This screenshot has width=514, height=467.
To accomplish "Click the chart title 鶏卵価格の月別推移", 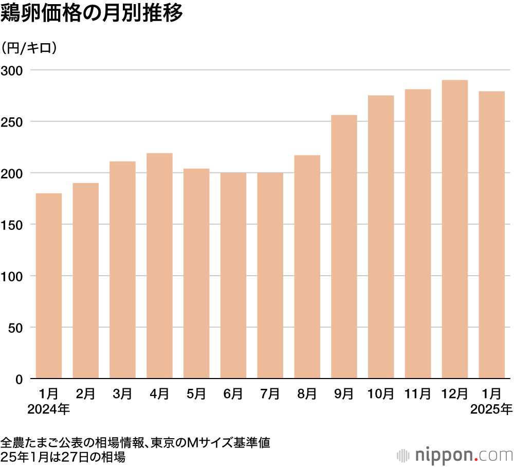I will click(92, 14).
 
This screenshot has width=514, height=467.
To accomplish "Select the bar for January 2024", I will click(49, 286).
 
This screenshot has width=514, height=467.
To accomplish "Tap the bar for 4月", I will click(159, 266).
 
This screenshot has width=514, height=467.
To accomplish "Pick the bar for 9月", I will click(344, 247).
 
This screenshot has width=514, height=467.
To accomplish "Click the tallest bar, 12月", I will click(455, 229).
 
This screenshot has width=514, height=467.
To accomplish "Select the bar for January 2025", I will click(492, 235).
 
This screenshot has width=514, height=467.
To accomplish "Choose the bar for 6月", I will click(233, 276).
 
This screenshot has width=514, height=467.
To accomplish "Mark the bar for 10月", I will click(381, 237).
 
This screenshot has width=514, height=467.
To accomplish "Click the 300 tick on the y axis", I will click(12, 70).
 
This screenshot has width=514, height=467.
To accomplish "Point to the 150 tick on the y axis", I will click(12, 225).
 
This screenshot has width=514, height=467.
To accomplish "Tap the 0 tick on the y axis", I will click(19, 380).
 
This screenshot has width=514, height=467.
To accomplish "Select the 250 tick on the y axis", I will click(12, 122).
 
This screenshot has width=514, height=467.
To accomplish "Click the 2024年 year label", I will click(49, 410).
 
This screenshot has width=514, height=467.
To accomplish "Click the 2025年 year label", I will click(492, 410).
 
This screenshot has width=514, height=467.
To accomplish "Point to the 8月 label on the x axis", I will click(307, 394).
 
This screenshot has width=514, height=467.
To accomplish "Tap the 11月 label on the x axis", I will click(417, 394).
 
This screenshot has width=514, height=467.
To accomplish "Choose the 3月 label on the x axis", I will click(122, 394).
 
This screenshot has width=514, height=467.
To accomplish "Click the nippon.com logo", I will click(455, 455).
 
